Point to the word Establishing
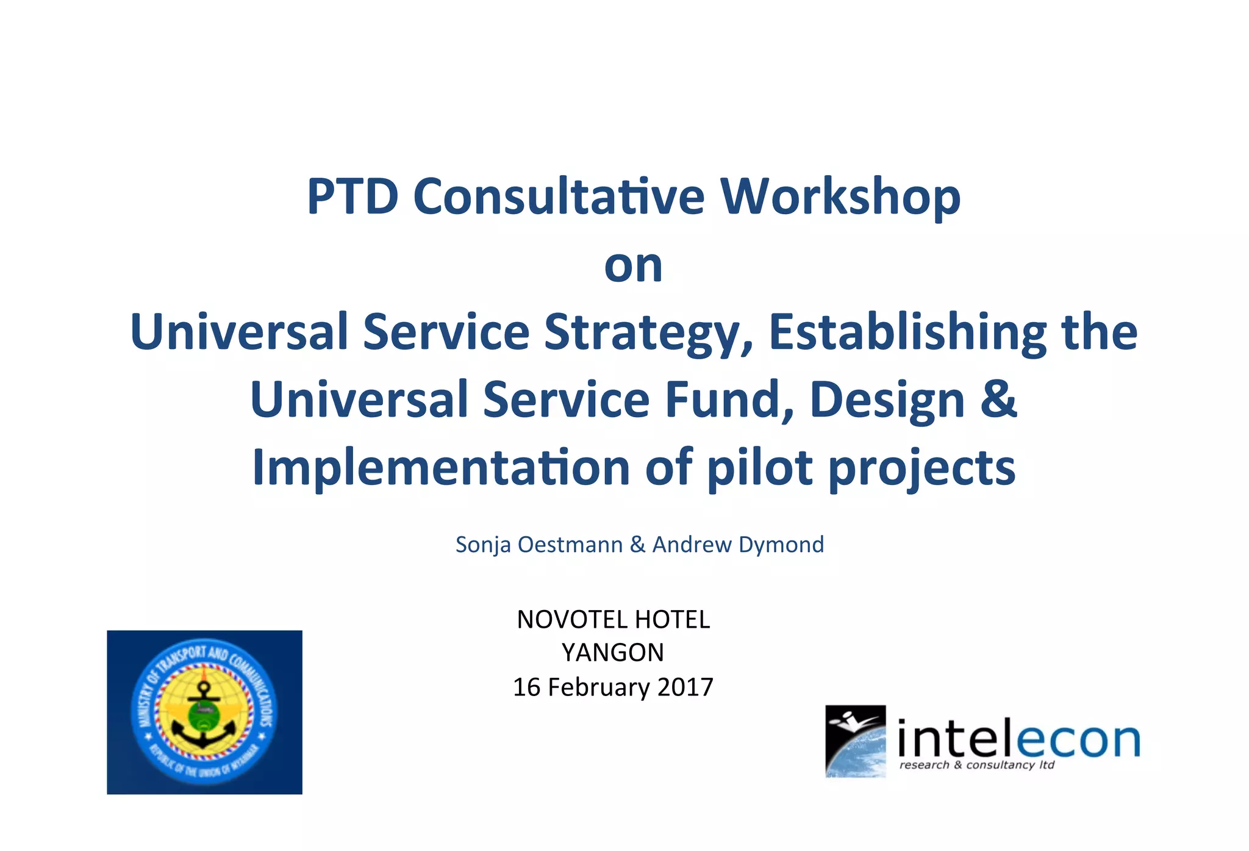(x=907, y=333)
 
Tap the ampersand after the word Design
(x=998, y=399)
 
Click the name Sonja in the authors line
(x=483, y=545)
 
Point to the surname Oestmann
(x=570, y=545)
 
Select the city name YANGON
(x=613, y=653)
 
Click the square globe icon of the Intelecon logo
(x=855, y=741)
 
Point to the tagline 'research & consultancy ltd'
(x=976, y=765)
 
